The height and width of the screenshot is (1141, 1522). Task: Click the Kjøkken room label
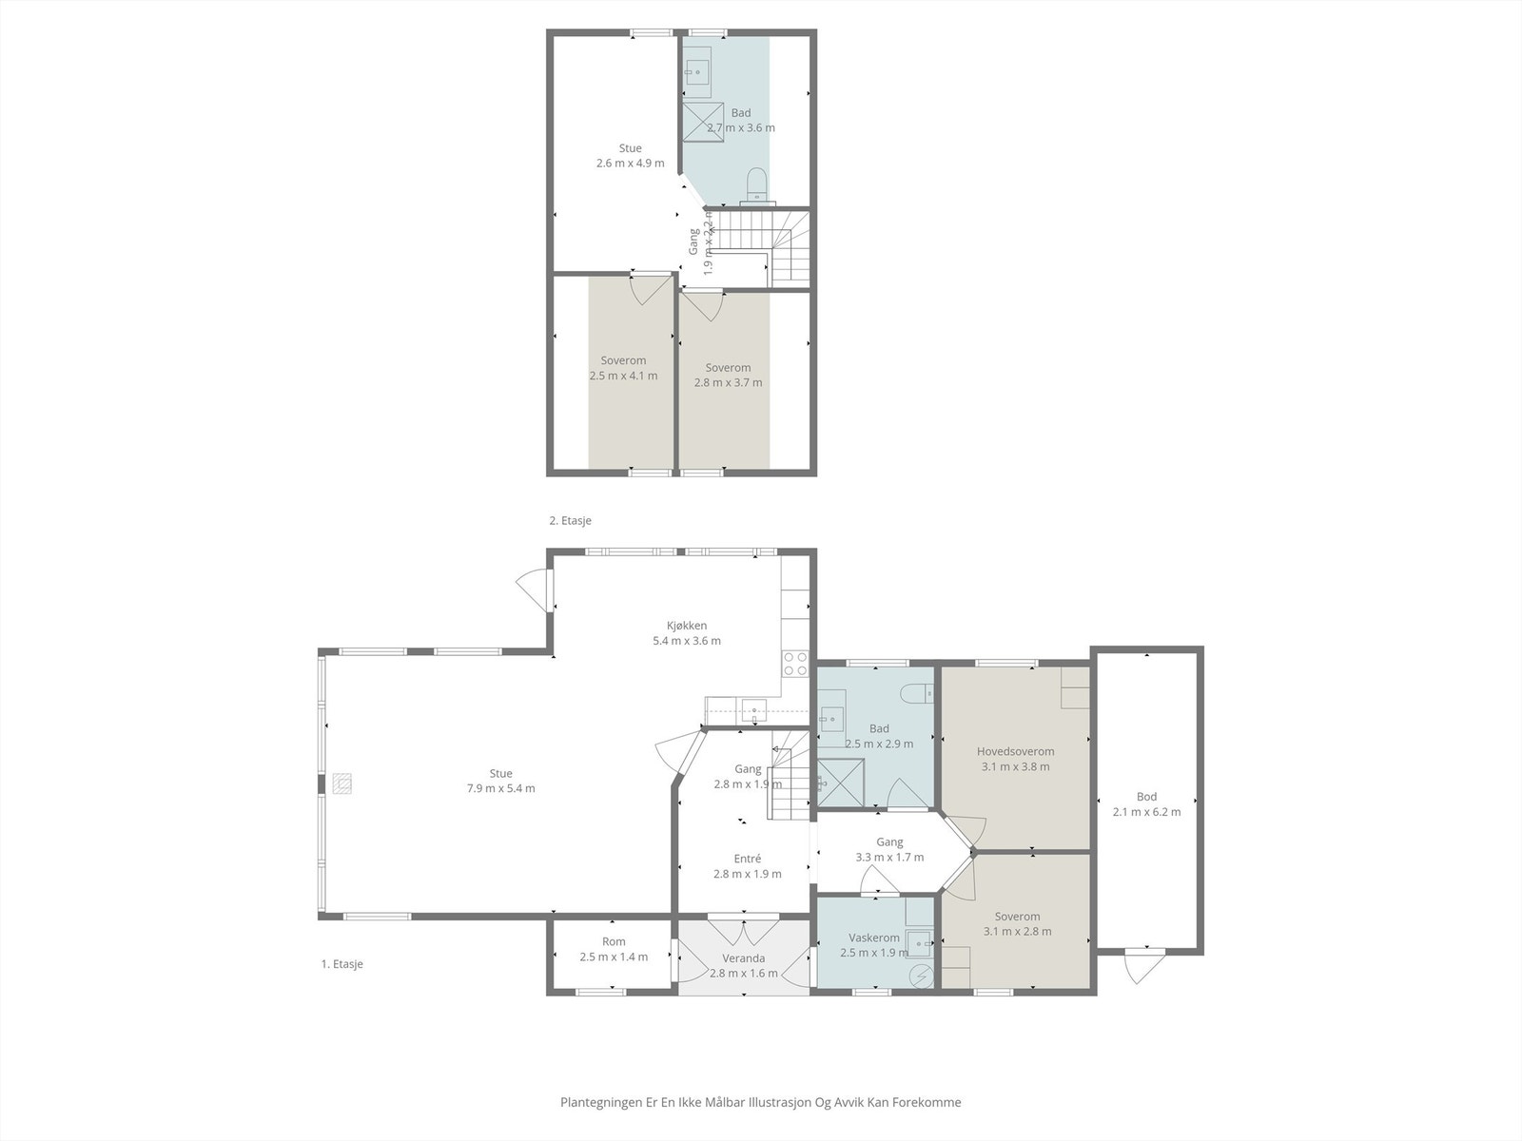pos(687,626)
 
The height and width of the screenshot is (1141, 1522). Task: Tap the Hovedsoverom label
pos(1015,751)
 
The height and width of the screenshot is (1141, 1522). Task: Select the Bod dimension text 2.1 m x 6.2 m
pos(1146,812)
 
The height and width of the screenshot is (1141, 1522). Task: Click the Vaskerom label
pos(873,938)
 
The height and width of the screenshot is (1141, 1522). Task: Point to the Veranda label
pos(743,958)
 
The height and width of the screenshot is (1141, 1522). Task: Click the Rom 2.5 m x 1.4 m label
pos(614,949)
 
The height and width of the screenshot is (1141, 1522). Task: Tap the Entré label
pos(748,859)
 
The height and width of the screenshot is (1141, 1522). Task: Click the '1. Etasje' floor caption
pos(341,963)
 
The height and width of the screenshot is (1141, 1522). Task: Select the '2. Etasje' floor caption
pos(570,520)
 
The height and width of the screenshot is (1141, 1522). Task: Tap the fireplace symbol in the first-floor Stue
pos(341,783)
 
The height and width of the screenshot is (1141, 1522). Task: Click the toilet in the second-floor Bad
pos(756,185)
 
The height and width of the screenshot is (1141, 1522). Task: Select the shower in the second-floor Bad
pos(703,122)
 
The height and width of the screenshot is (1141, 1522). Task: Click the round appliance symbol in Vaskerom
pos(922,976)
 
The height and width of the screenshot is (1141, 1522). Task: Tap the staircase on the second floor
pos(762,248)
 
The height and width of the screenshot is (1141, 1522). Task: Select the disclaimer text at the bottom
pos(761,1101)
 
